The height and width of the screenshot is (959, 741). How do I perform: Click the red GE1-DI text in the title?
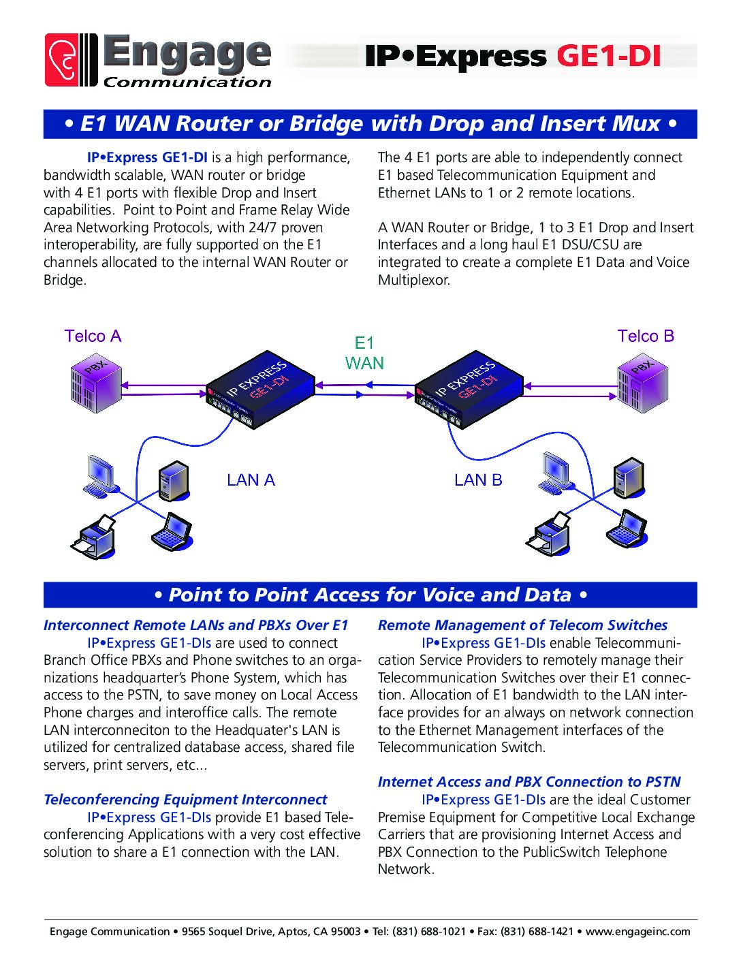(608, 57)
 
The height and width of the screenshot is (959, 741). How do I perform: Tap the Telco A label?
(93, 336)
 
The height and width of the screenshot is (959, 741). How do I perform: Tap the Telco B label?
(646, 336)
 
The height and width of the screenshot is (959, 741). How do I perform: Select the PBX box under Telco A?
(95, 386)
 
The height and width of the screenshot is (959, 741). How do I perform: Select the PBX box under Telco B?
(642, 386)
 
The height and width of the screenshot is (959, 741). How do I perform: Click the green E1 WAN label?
(364, 353)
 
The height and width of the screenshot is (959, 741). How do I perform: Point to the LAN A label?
(251, 480)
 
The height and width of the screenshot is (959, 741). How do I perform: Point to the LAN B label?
(478, 480)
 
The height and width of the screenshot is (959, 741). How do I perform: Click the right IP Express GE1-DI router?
(469, 390)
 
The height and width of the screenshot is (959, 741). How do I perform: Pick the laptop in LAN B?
(627, 529)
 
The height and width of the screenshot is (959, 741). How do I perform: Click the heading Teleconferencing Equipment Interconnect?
(185, 800)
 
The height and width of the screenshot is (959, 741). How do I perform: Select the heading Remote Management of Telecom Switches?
(522, 625)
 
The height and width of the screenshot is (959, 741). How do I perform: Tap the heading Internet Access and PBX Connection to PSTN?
(529, 782)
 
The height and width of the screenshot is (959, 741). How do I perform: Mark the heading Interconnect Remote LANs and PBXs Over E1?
(196, 625)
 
